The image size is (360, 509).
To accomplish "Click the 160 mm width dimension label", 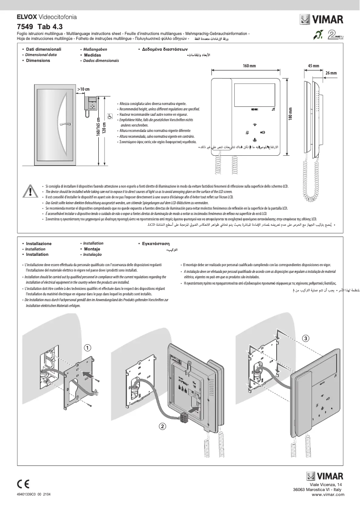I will tap(249, 66).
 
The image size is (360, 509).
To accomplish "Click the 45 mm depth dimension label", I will tap(313, 66).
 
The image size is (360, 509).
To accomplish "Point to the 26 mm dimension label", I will tap(330, 73).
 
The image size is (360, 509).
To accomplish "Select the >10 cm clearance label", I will tap(83, 89).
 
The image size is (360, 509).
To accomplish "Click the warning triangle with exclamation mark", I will tap(30, 192).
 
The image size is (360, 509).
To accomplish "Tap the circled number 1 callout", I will tap(88, 347).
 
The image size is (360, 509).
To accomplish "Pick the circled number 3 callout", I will tap(305, 338).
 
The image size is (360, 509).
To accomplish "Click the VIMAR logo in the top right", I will tap(322, 19).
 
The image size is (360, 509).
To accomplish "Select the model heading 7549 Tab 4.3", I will tap(39, 26).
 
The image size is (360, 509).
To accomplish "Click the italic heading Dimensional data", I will tap(41, 54).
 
